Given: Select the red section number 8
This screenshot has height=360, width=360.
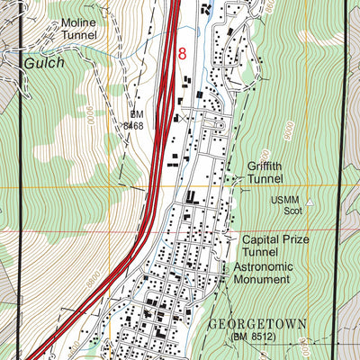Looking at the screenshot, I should click(183, 55).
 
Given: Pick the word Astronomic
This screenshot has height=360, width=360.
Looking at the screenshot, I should click(265, 267).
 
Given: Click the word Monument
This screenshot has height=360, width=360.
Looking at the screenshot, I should click(262, 280).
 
